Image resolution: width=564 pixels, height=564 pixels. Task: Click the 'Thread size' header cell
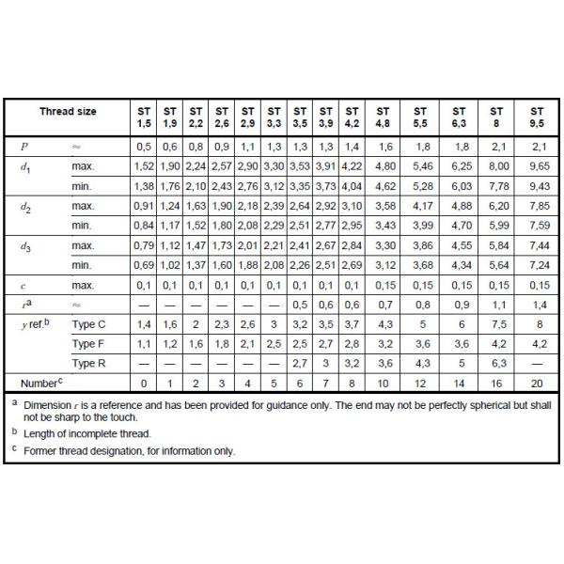tap(68, 112)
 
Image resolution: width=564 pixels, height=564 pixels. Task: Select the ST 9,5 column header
tap(538, 117)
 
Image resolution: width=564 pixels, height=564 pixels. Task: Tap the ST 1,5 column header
tap(144, 117)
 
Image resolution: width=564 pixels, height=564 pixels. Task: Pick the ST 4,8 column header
tap(384, 117)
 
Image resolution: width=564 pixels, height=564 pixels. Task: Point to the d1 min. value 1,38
tap(144, 186)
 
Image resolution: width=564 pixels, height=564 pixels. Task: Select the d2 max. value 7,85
tap(538, 206)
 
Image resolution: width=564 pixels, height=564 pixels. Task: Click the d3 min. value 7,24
tap(538, 265)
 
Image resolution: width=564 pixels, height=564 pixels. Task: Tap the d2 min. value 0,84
tap(144, 226)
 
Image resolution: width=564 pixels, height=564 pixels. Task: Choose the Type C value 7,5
tap(498, 324)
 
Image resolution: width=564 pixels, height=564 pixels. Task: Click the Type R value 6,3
tap(498, 363)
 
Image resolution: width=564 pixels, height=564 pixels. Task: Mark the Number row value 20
tap(538, 384)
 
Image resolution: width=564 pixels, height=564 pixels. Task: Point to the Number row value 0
tap(144, 384)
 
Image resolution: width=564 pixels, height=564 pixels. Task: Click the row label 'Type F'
tap(90, 344)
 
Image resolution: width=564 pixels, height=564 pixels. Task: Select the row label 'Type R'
tap(90, 364)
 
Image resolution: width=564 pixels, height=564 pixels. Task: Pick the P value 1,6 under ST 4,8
tap(384, 147)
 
